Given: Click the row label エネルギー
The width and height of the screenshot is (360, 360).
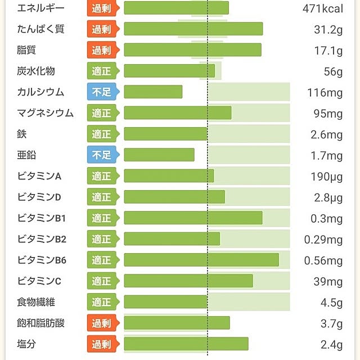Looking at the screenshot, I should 40,8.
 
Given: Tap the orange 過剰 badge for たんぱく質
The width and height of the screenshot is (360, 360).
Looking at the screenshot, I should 102,29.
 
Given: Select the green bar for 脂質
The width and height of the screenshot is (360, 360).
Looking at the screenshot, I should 192,50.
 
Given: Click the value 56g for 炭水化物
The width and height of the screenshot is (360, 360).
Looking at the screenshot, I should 332,71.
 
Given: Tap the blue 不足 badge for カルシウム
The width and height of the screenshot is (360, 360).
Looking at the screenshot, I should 102,92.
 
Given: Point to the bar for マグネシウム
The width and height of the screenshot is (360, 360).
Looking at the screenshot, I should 177,113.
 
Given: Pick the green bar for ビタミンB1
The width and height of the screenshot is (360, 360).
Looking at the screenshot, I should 193,218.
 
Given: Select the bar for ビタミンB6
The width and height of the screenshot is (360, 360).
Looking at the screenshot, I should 201,260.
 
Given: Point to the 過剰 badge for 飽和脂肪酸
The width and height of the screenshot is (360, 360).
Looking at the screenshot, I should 102,323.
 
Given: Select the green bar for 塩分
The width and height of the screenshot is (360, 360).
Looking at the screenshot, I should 186,344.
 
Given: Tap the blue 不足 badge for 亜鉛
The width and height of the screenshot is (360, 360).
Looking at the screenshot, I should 102,155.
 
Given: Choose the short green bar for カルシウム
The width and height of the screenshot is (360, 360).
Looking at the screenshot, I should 153,92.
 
